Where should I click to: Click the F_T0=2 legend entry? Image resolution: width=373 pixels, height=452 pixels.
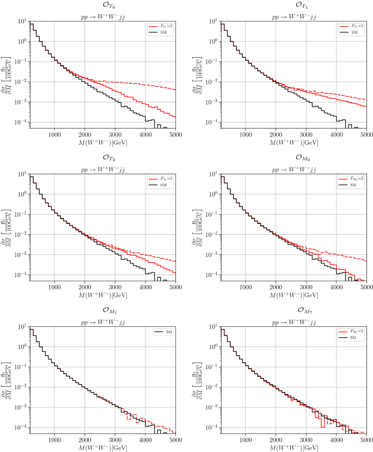tap(160, 26)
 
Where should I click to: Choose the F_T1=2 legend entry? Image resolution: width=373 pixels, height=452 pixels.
tap(350, 26)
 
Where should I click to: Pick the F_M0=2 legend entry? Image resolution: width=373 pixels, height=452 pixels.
tap(350, 178)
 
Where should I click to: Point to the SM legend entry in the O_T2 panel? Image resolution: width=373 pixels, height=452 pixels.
tap(160, 185)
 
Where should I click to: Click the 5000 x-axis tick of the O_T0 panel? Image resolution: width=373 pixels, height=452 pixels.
tap(175, 133)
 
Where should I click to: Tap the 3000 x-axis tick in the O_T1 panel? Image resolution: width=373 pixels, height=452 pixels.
tap(306, 133)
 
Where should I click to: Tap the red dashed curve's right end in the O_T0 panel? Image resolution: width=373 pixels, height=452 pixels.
tap(175, 89)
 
